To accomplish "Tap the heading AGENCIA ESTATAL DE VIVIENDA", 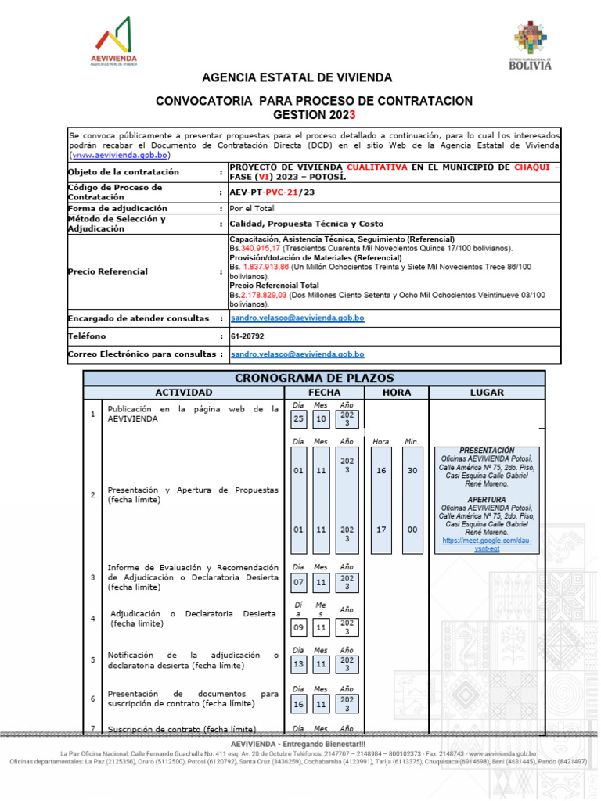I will (297, 78).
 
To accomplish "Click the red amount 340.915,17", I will (260, 248).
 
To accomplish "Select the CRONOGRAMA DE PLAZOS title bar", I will (315, 379).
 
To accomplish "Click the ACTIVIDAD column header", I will (183, 392).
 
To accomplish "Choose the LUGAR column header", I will (486, 392).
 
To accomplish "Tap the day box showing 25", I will (298, 419).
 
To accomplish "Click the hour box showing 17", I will (380, 530).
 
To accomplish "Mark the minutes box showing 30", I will (412, 471).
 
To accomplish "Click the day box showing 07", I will (298, 582).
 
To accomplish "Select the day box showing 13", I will (298, 664).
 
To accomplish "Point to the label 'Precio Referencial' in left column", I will (108, 271).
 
